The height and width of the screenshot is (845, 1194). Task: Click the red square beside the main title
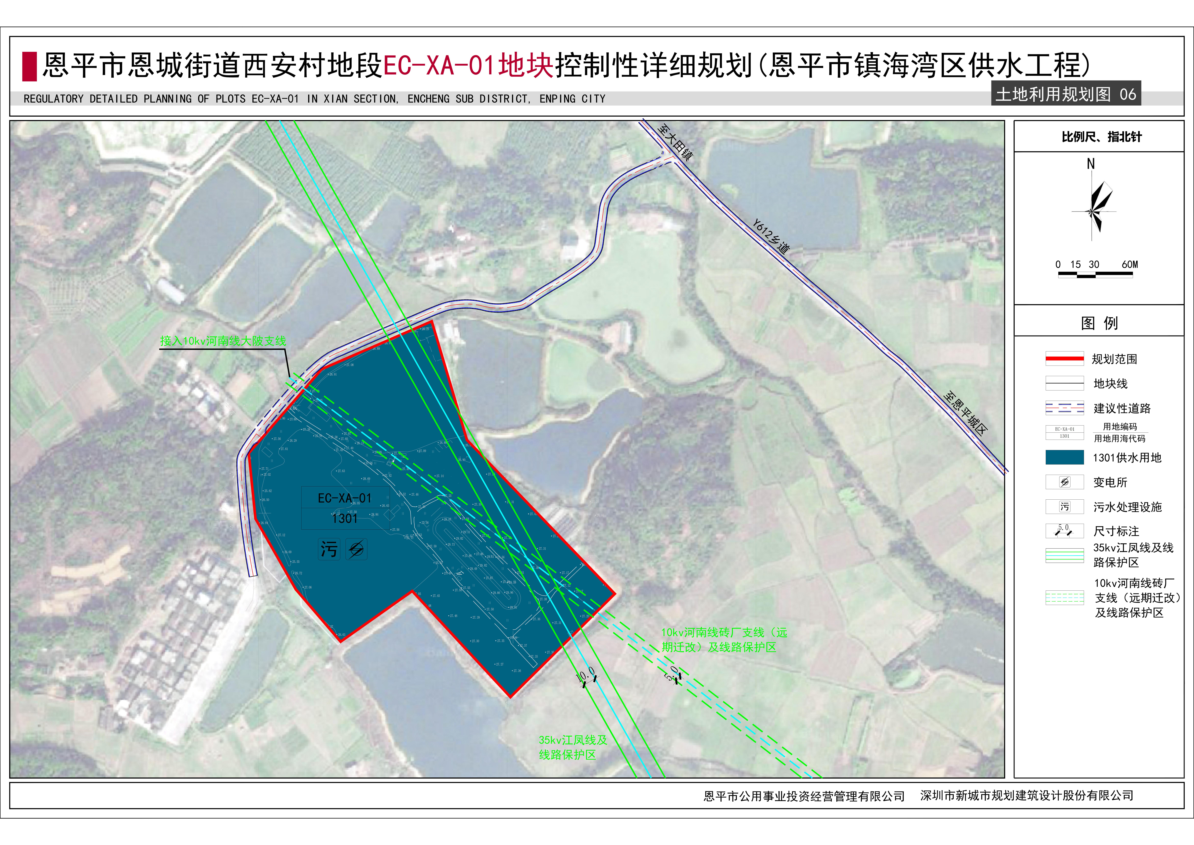(29, 66)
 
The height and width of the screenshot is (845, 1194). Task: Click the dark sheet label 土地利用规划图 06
(1066, 94)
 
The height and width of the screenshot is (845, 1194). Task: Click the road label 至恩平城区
(965, 413)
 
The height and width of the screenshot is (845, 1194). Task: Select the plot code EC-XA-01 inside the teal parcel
(344, 498)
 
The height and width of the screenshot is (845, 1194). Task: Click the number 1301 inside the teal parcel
(344, 519)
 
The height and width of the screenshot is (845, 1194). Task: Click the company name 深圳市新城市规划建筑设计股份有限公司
(1027, 796)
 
